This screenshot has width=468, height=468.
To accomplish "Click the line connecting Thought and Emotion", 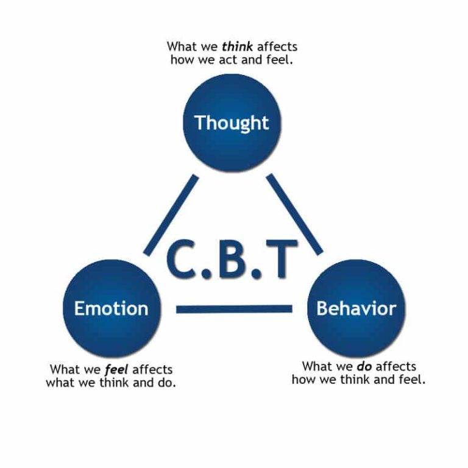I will pos(171,214).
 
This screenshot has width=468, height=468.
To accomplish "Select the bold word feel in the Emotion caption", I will pos(117,370).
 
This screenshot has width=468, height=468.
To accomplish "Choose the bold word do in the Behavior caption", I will pos(364,366).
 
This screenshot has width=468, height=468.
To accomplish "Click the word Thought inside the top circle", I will pos(232,122).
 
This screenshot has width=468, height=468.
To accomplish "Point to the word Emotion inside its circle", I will pos(111,308).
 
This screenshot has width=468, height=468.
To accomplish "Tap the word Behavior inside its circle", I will pos(356,308).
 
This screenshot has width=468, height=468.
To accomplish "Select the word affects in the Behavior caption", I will pos(396,366).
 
